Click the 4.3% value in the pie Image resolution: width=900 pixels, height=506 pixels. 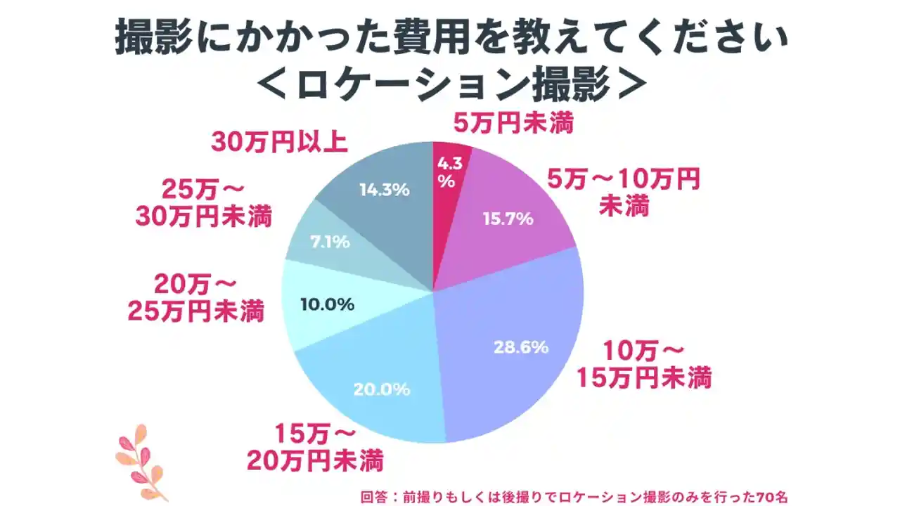click(449, 172)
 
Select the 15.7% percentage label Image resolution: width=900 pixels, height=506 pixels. click(508, 219)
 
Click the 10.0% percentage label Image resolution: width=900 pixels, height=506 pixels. click(327, 305)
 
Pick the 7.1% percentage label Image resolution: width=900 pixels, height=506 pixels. click(330, 242)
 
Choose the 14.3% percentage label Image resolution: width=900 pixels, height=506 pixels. click(384, 189)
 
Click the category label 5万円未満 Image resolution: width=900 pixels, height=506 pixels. click(513, 124)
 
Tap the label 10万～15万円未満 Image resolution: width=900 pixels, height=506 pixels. click(645, 365)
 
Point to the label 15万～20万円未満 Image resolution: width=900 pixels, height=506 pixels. click(315, 448)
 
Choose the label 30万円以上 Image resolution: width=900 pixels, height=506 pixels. click(279, 141)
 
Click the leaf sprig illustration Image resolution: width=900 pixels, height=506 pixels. click(139, 460)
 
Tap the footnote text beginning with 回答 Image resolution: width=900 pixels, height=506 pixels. click(573, 495)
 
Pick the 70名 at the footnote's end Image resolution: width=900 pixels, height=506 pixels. click(772, 495)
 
